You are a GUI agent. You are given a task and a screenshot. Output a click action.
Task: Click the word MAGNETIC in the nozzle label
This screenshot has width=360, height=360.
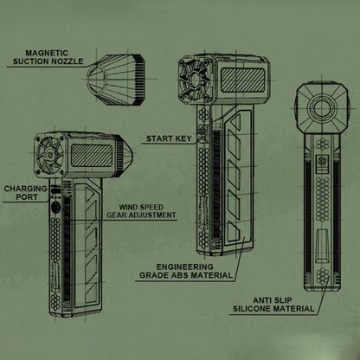pyautogui.click(x=47, y=53)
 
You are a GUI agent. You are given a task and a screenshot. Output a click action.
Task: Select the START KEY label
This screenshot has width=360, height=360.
pyautogui.click(x=169, y=138)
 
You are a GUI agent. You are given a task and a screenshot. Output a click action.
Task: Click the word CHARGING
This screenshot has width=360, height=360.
pyautogui.click(x=25, y=189)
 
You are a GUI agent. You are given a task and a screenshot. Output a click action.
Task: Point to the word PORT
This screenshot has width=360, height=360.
pyautogui.click(x=27, y=197)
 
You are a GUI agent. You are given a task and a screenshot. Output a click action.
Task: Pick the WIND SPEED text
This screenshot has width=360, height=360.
pyautogui.click(x=141, y=207)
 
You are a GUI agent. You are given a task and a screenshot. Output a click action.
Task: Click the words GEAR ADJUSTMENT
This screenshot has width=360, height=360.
pyautogui.click(x=141, y=215)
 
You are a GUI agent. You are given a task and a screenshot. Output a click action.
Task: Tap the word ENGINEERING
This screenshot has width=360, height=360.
pyautogui.click(x=185, y=267)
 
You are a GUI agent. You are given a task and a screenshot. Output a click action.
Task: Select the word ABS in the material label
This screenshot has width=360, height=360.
pyautogui.click(x=180, y=275)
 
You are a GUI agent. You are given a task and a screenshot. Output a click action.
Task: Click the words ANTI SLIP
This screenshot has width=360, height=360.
pyautogui.click(x=273, y=300)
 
